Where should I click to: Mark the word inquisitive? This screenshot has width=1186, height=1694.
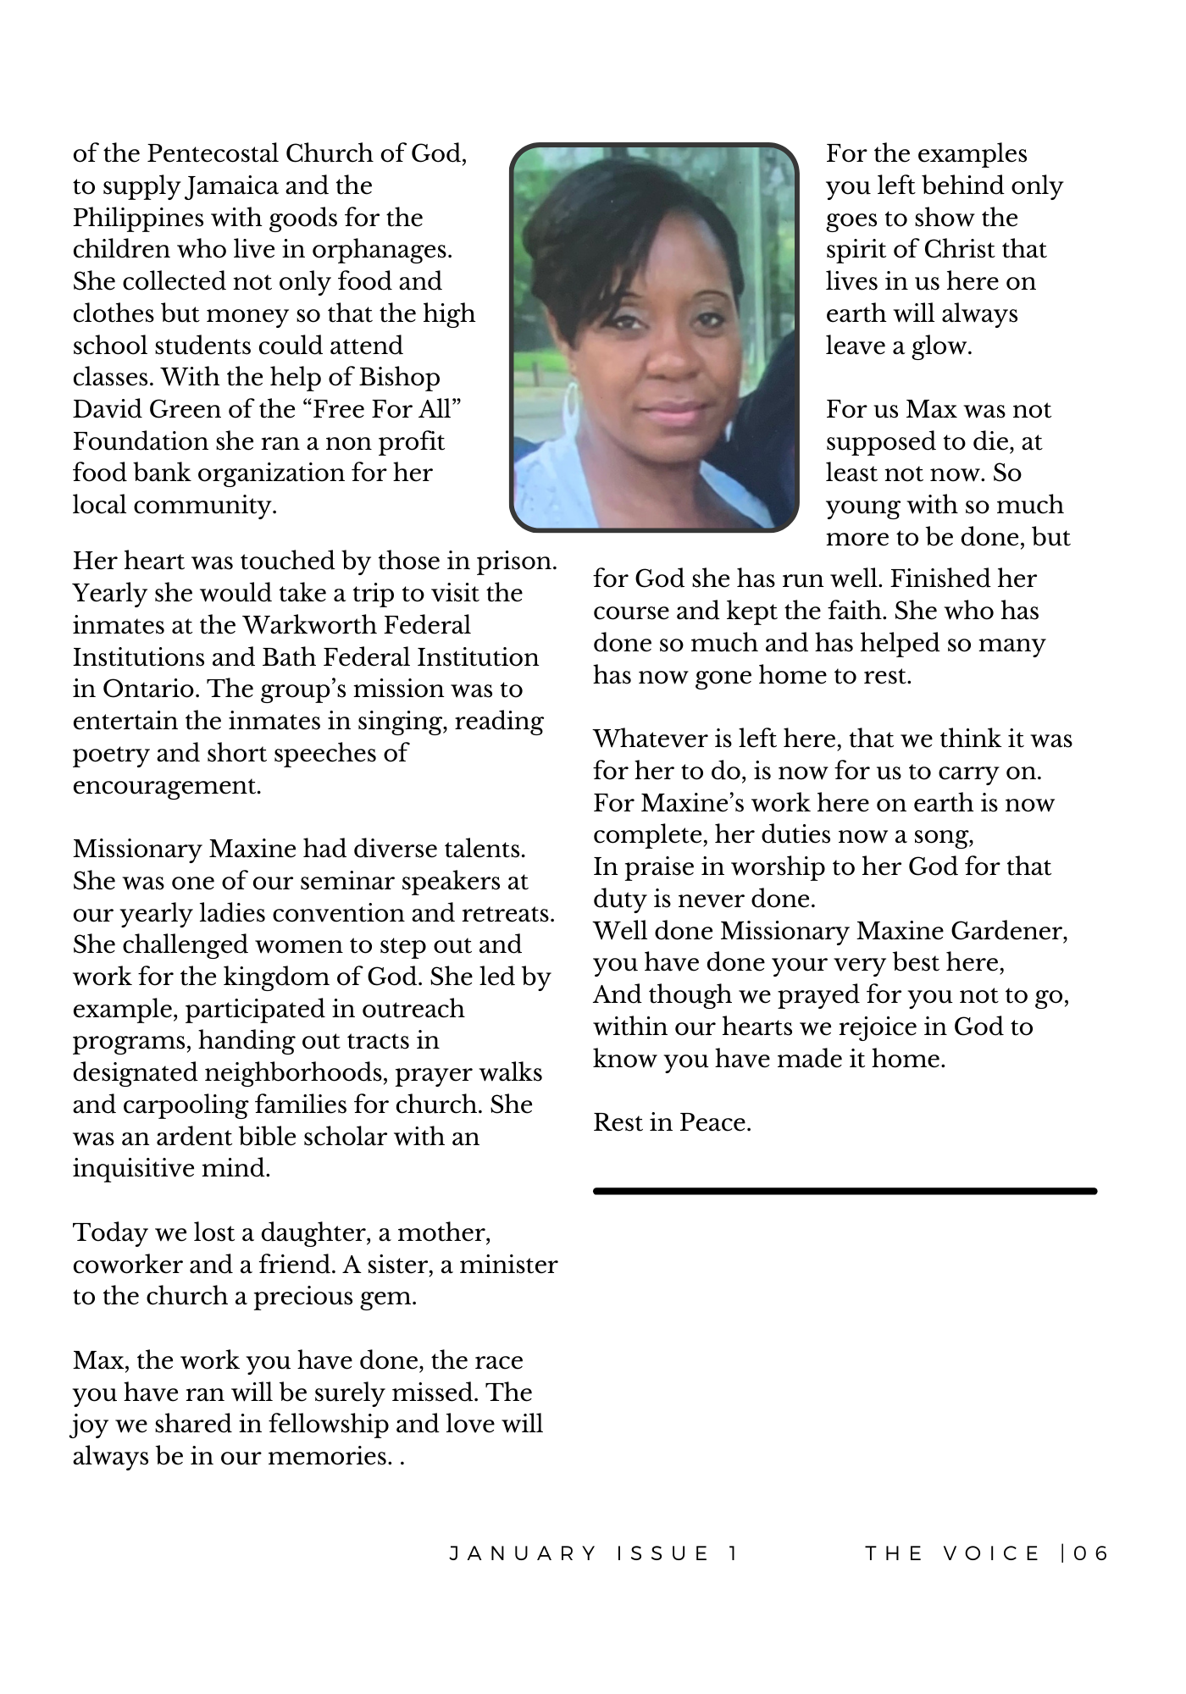pyautogui.click(x=133, y=1169)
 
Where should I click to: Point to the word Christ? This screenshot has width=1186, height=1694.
pyautogui.click(x=961, y=250)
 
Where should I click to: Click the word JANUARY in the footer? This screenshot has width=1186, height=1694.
pyautogui.click(x=524, y=1553)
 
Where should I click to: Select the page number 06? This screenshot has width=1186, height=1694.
pyautogui.click(x=1091, y=1553)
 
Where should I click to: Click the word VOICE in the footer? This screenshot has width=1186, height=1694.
pyautogui.click(x=992, y=1553)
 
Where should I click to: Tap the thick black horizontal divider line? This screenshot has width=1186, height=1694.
pyautogui.click(x=845, y=1191)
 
